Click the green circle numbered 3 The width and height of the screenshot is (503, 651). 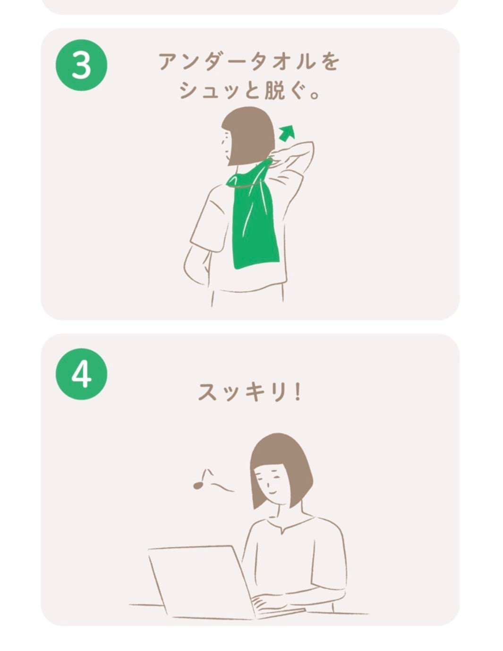(x=81, y=65)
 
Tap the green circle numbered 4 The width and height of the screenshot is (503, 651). (x=81, y=374)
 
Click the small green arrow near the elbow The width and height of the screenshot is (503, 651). (x=287, y=133)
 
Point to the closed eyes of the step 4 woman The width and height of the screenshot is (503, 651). (x=271, y=477)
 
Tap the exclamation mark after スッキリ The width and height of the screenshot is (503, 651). (x=297, y=392)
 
